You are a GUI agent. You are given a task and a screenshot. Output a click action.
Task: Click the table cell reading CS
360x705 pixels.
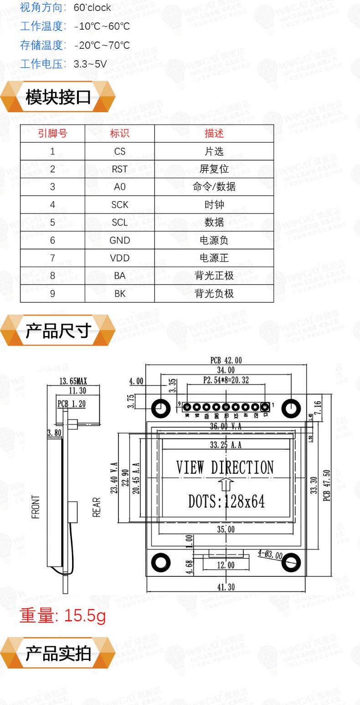click(119, 151)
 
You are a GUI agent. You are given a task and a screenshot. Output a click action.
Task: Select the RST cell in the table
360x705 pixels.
click(119, 169)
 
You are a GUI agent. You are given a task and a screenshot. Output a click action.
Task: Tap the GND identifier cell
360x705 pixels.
click(119, 240)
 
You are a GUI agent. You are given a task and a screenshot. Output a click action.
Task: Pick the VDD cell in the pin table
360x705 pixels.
click(119, 258)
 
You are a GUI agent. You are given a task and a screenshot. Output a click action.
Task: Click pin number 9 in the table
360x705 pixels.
click(52, 294)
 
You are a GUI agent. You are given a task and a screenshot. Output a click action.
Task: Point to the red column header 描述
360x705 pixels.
click(214, 134)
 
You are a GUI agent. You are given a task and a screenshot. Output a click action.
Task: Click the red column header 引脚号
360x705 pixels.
click(52, 134)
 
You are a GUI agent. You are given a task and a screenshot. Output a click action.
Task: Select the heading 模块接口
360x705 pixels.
click(58, 97)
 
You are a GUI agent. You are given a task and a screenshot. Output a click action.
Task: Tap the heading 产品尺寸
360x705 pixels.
click(58, 331)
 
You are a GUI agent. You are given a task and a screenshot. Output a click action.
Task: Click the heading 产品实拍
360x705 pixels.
click(58, 653)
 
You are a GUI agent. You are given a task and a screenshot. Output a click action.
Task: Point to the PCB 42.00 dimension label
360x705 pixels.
click(226, 360)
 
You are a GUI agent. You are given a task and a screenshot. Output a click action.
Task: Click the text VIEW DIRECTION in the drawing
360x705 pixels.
click(225, 467)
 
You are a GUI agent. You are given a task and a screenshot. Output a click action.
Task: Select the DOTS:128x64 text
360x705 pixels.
click(226, 502)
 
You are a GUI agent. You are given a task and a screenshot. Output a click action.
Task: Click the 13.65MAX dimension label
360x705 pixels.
click(73, 381)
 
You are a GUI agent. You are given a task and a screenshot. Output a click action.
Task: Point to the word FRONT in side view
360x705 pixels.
click(36, 507)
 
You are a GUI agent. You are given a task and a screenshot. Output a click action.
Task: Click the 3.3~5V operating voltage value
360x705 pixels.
click(90, 64)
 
